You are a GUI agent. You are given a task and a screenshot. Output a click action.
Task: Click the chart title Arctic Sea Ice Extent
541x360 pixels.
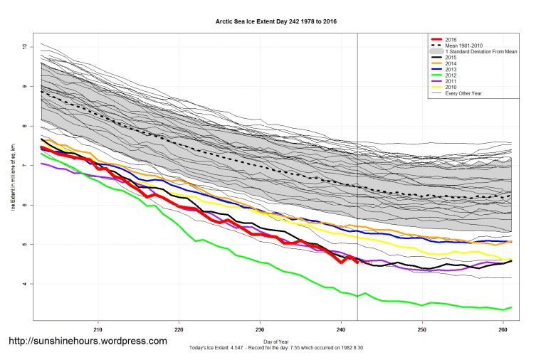click(x=275, y=21)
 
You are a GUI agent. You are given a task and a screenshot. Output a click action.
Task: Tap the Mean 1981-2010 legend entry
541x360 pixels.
click(x=462, y=46)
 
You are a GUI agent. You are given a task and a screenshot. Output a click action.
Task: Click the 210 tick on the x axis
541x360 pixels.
click(x=98, y=329)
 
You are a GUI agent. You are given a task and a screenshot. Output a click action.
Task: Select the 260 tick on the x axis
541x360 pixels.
click(x=503, y=329)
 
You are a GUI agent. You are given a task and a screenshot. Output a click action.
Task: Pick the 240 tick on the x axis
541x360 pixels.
click(x=341, y=329)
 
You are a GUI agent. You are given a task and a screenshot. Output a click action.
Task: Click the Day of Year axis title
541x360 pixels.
click(x=275, y=342)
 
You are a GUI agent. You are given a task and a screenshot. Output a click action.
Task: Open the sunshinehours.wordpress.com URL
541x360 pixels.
click(x=88, y=341)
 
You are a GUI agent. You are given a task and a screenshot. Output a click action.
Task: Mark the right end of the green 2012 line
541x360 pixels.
click(x=511, y=307)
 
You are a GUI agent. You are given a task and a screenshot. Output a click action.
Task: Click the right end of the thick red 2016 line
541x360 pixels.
click(x=357, y=263)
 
